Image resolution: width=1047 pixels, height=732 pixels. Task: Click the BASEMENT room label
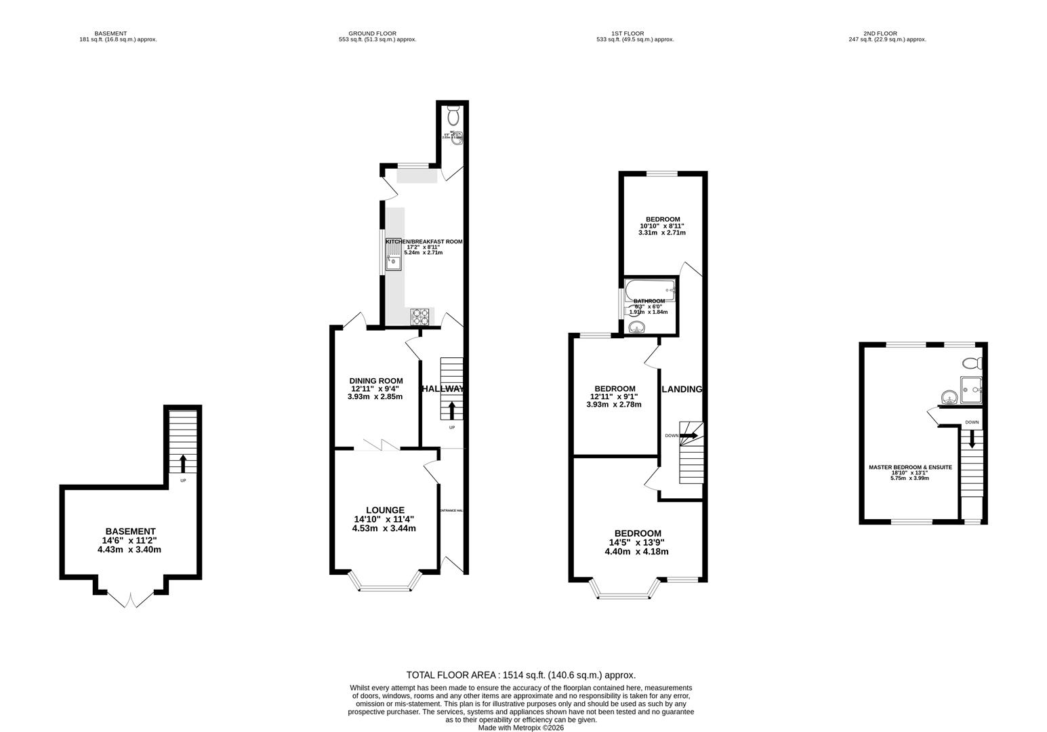(x=130, y=531)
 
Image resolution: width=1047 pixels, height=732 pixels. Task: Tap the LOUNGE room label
(x=385, y=510)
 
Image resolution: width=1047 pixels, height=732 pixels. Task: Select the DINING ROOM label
(x=375, y=381)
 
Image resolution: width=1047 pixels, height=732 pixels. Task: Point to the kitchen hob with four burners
(x=420, y=317)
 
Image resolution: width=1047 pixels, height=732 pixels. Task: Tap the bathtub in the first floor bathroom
(x=650, y=289)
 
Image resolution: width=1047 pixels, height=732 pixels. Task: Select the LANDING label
(x=681, y=389)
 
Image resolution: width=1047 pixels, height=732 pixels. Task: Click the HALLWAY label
(x=443, y=389)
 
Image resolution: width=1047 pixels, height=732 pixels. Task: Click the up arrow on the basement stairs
(x=183, y=462)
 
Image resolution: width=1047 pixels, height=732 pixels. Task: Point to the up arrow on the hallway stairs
(x=452, y=409)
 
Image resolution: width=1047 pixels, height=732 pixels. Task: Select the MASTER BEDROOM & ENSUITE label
(x=910, y=467)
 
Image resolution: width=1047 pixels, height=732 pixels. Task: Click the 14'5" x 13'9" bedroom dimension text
(x=636, y=542)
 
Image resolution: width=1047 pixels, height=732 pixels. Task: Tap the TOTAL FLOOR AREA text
(x=520, y=675)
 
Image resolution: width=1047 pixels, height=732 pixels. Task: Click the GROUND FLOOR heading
(x=372, y=33)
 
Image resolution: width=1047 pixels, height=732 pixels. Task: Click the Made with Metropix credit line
(x=520, y=727)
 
